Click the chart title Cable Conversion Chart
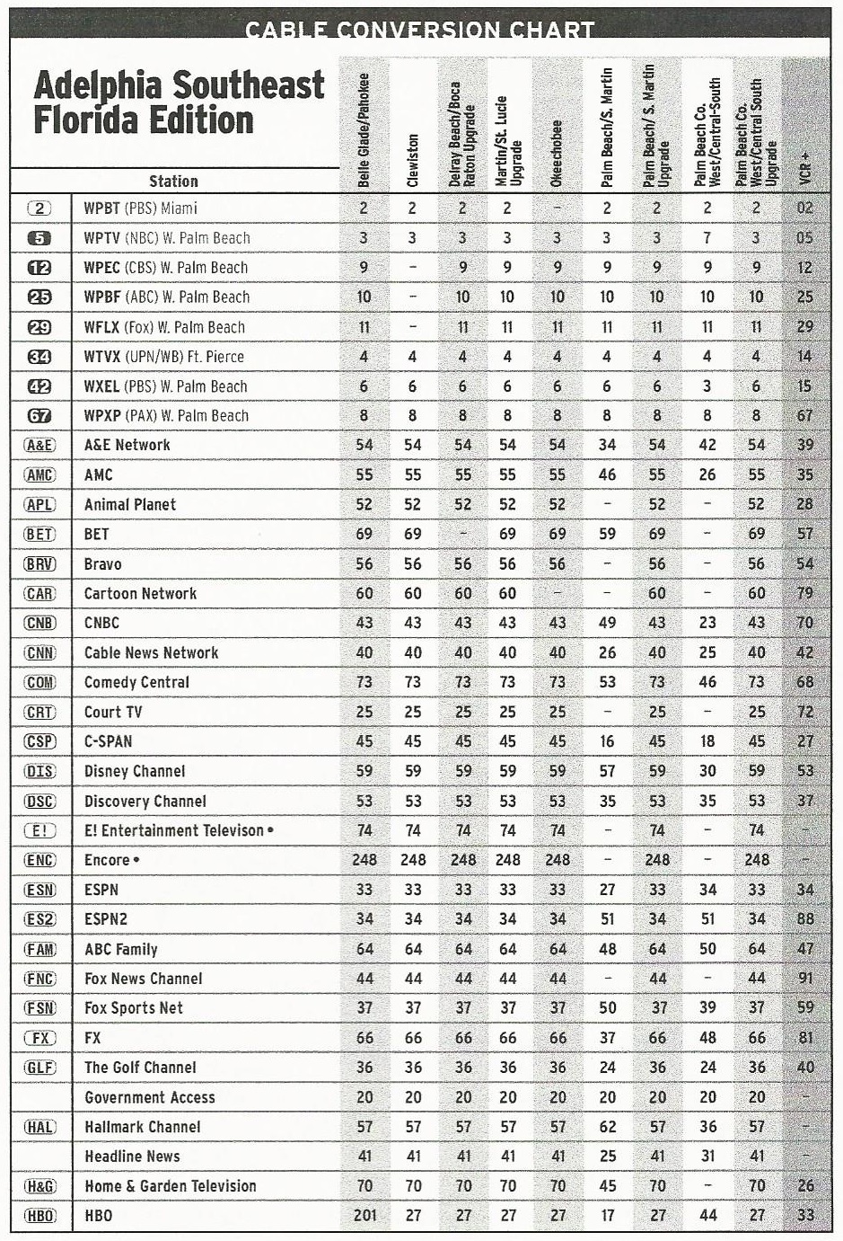tap(420, 30)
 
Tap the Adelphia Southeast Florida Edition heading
tap(178, 102)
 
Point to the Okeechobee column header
tap(558, 154)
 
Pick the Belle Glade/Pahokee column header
tap(364, 129)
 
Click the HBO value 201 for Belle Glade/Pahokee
tap(364, 1216)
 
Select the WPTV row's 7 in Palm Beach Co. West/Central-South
tap(707, 238)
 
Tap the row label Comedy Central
tap(136, 682)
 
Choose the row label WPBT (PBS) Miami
tap(140, 208)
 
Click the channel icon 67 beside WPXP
tap(40, 416)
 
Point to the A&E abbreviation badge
tap(40, 445)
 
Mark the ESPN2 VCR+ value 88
tap(805, 919)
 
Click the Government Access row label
tap(150, 1097)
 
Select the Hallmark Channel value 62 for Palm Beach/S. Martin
tap(607, 1127)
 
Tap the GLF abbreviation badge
tap(40, 1068)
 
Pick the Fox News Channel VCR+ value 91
tap(805, 979)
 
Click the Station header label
tap(173, 181)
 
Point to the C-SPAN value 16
tap(607, 741)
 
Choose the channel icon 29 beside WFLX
tap(40, 327)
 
